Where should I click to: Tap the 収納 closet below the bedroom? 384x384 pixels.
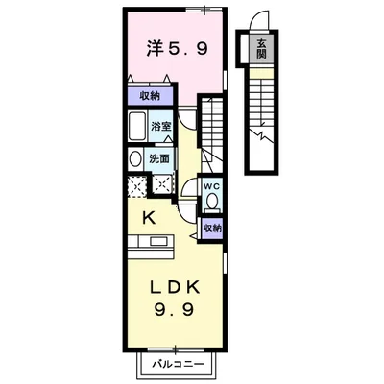point(149,96)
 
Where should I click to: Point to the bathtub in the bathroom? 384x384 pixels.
point(135,128)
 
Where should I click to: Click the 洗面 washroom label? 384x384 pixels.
point(159,157)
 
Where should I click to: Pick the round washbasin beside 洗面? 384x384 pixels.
point(134,158)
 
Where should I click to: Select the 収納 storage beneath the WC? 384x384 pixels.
point(212,228)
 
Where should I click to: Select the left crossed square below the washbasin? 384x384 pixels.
point(136,184)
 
